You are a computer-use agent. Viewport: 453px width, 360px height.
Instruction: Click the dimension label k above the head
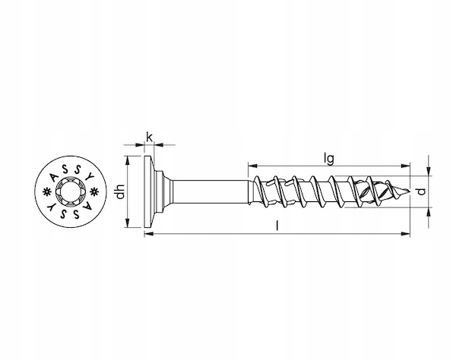149,137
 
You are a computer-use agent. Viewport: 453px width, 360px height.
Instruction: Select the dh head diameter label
120,191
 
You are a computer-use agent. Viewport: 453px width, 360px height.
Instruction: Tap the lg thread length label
329,159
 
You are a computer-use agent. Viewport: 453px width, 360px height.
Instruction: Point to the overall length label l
277,226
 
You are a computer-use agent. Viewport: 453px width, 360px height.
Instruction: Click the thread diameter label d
422,191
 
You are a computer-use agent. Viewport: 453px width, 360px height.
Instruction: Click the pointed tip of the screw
410,191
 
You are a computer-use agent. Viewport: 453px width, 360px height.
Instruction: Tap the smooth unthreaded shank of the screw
210,191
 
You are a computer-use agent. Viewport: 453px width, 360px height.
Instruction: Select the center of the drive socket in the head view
69,191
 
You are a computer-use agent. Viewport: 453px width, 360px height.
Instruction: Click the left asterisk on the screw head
46,192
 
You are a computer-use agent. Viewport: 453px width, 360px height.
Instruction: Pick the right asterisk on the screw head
94,191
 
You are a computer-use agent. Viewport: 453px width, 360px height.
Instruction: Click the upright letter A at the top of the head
54,177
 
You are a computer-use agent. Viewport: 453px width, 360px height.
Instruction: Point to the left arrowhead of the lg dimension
252,166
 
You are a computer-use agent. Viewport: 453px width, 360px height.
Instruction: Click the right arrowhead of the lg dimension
406,166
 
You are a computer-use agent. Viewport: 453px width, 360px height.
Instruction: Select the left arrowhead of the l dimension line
148,233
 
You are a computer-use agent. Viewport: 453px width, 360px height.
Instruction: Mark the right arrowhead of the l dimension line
406,233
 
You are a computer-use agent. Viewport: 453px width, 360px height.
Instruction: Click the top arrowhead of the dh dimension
127,160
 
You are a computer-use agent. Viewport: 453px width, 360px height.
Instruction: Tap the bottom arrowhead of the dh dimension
127,223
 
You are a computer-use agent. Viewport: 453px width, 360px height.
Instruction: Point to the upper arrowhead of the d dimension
429,171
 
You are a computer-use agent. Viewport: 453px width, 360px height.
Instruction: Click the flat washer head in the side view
148,191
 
